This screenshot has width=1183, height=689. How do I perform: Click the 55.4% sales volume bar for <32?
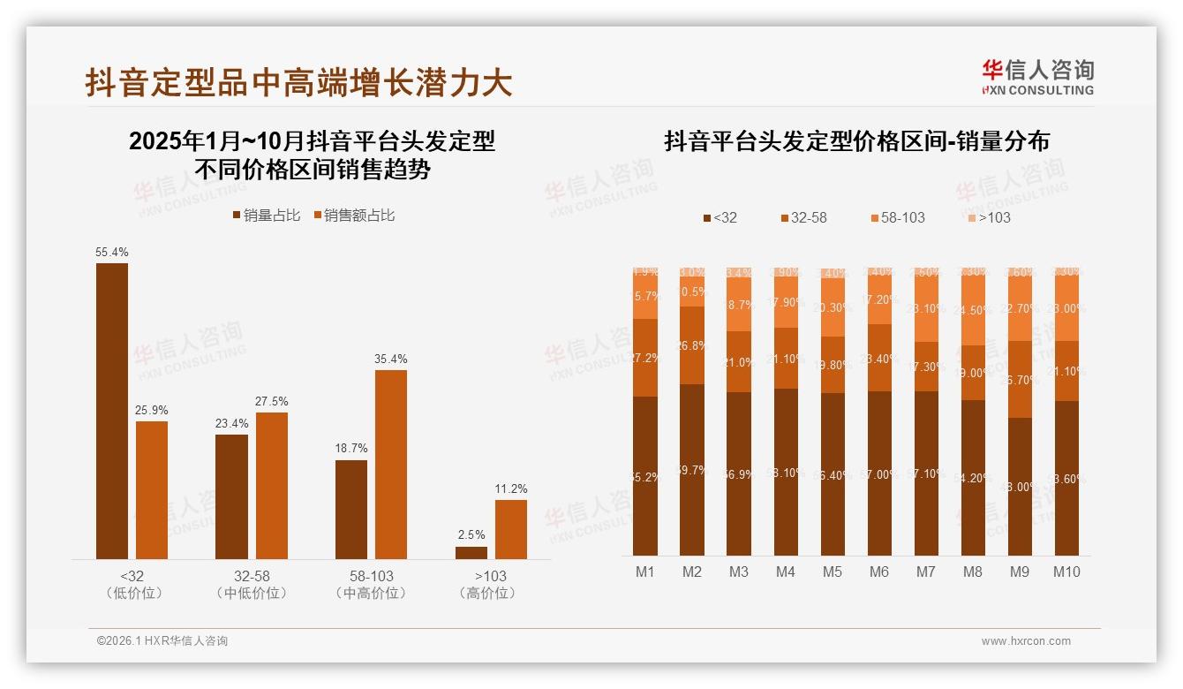[112, 411]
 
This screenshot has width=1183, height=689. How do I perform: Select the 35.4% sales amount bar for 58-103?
[391, 464]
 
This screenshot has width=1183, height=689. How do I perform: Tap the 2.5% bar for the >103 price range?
[471, 553]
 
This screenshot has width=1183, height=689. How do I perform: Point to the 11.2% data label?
[511, 488]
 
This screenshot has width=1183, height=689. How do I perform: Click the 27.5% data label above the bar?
[272, 401]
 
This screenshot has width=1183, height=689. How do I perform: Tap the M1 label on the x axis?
[645, 572]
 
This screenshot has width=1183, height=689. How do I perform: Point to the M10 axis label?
[1066, 572]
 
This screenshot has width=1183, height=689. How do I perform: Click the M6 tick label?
[879, 572]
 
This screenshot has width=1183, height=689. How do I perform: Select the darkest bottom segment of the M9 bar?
[1020, 486]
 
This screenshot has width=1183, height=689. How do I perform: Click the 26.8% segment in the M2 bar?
[692, 345]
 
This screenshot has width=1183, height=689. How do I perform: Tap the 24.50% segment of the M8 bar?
[973, 310]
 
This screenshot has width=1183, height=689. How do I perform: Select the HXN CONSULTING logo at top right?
[1038, 77]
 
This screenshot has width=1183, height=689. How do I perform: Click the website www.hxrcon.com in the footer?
[1026, 641]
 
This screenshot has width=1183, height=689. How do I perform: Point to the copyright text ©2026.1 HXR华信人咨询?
[162, 641]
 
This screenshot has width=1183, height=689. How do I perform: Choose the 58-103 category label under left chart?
[371, 584]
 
